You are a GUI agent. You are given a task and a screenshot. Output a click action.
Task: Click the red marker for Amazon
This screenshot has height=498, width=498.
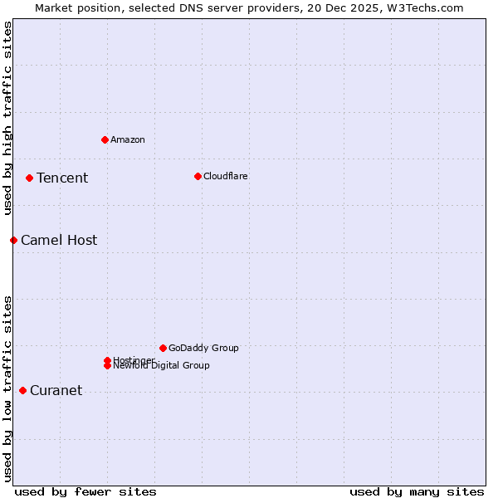click(x=105, y=139)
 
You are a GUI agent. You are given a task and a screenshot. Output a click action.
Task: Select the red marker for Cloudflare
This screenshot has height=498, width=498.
click(x=198, y=176)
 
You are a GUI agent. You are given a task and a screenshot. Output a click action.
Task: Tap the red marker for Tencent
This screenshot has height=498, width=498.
click(x=29, y=178)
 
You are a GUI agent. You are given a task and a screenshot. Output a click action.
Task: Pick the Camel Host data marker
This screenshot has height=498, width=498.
click(x=13, y=240)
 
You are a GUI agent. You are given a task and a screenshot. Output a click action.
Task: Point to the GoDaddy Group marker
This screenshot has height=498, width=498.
click(x=163, y=348)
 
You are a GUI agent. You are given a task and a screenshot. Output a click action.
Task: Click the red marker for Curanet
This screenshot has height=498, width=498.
click(x=22, y=390)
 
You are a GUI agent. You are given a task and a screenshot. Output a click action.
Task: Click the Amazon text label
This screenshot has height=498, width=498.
click(x=128, y=139)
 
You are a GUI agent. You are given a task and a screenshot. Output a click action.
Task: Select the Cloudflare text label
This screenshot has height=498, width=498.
click(x=226, y=176)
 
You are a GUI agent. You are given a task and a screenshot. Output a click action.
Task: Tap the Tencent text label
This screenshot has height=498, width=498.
click(x=62, y=178)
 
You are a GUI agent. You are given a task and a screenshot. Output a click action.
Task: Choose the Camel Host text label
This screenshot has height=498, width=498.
click(x=59, y=240)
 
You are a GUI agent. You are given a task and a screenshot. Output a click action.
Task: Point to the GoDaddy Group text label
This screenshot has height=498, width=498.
click(x=203, y=348)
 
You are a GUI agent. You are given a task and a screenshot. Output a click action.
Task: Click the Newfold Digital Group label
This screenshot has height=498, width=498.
click(x=162, y=366)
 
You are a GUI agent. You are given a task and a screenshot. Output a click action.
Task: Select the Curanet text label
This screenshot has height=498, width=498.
click(x=56, y=390)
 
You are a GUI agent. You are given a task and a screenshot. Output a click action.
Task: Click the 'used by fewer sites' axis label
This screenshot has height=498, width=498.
click(x=85, y=491)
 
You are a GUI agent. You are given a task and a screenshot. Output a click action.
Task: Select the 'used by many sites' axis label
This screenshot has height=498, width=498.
click(x=417, y=491)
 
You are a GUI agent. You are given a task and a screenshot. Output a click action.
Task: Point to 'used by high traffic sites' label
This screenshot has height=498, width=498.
click(x=7, y=119)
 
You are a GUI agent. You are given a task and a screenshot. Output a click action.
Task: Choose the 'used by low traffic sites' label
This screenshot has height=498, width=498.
click(x=7, y=388)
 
